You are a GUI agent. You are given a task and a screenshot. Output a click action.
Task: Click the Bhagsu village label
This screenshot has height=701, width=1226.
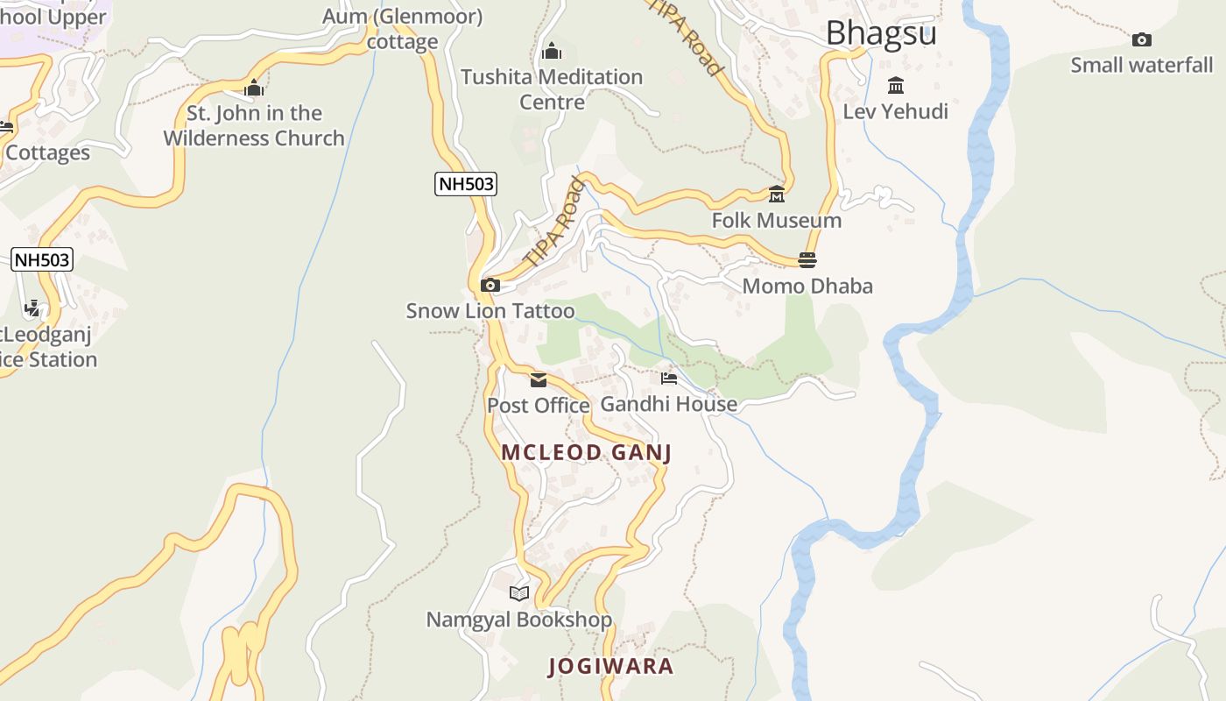pos(881,33)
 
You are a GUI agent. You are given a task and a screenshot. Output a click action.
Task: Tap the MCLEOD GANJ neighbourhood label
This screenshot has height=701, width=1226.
pos(586,452)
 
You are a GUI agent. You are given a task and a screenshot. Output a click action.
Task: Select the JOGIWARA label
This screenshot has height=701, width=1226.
pos(611,666)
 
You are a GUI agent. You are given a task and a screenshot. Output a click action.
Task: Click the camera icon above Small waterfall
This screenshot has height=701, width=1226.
pos(1141,39)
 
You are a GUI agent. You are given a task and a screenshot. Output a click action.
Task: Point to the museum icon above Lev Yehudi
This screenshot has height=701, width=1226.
pos(895,85)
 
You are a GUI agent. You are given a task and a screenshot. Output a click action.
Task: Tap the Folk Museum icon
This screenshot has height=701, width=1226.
pos(776,194)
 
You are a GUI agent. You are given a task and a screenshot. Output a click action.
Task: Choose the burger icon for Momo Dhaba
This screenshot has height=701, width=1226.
pos(807,259)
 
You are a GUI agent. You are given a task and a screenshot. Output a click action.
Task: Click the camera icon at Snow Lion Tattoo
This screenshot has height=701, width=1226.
pos(490,285)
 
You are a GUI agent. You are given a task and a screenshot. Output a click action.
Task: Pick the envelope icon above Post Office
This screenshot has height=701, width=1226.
pos(538,379)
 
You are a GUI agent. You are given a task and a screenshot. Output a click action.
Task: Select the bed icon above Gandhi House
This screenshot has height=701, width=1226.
pos(669,379)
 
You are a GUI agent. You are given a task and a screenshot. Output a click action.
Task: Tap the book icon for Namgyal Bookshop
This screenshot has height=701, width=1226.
pos(519,593)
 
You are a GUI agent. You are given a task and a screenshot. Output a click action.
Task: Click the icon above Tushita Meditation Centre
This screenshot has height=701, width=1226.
pos(552,52)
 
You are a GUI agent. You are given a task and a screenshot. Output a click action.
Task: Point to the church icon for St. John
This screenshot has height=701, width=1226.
pos(254,88)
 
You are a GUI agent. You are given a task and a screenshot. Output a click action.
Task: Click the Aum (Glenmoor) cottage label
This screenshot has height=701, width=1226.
pos(403,29)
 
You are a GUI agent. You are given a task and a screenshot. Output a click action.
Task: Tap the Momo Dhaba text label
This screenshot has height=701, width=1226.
pos(807,286)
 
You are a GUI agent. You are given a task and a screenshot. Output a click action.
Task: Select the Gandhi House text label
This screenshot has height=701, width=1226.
pos(669,404)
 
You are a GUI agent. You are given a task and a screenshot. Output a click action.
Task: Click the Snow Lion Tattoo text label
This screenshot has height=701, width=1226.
pos(490,311)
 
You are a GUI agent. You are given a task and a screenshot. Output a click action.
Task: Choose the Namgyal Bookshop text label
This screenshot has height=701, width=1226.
pos(519,620)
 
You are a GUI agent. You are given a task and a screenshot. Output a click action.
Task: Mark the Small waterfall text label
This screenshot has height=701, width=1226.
pos(1142,65)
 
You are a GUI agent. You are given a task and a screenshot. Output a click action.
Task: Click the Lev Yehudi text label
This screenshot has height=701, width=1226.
pos(895,111)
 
